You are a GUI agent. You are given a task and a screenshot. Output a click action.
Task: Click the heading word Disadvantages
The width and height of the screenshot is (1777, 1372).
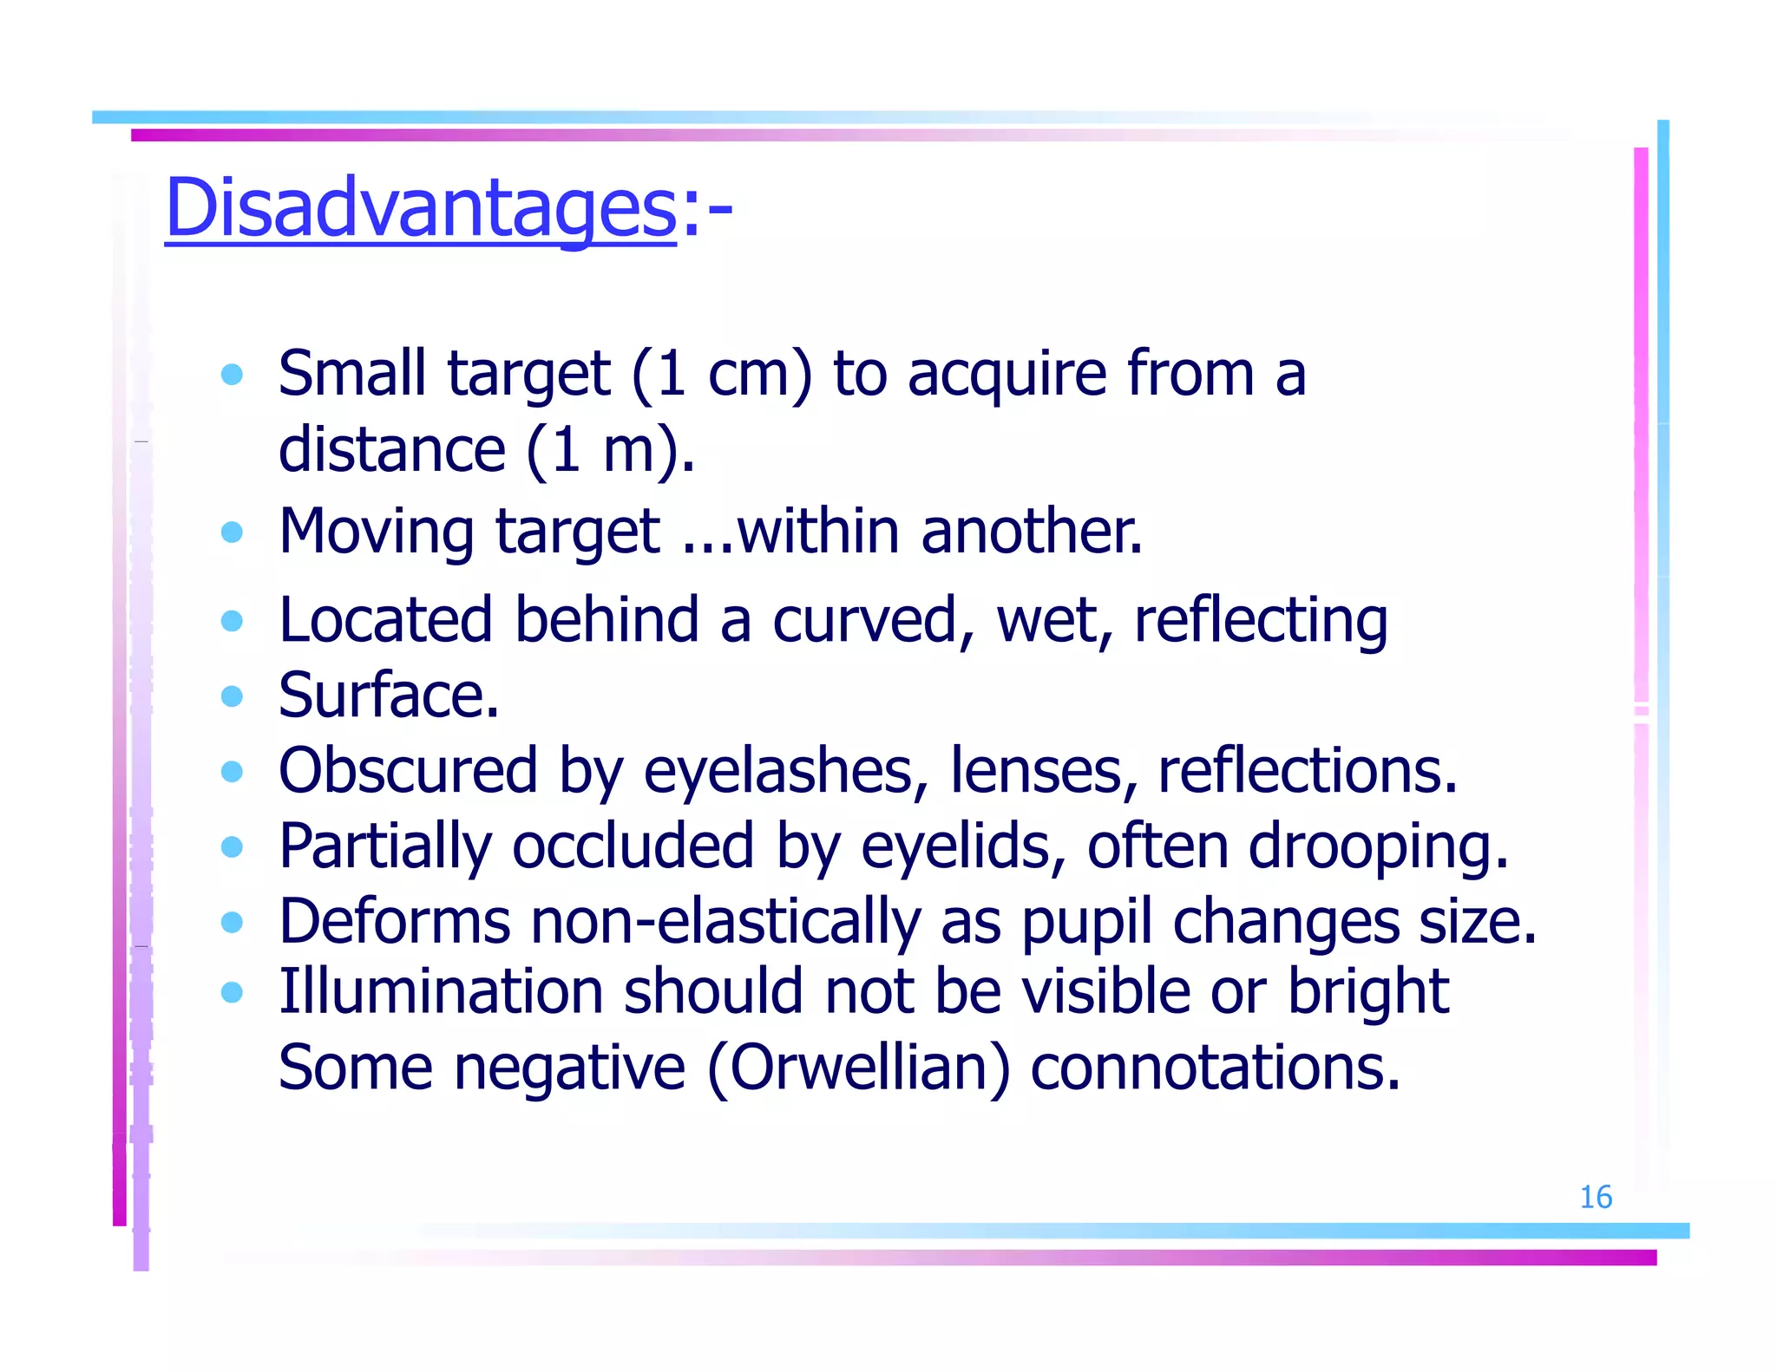pyautogui.click(x=421, y=208)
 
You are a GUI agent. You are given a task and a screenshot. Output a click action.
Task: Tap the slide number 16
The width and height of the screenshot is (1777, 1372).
pyautogui.click(x=1595, y=1198)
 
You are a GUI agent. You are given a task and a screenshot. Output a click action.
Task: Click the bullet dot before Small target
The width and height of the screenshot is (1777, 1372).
pyautogui.click(x=232, y=375)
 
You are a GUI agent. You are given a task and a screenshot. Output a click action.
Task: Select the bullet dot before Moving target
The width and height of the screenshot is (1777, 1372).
pyautogui.click(x=232, y=532)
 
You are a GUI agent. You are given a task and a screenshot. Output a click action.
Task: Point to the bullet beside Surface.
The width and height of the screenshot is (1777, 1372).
pyautogui.click(x=232, y=696)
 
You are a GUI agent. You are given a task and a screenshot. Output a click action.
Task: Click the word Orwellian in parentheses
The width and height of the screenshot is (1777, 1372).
pyautogui.click(x=859, y=1067)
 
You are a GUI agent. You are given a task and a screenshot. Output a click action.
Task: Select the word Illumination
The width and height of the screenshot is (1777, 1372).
pyautogui.click(x=441, y=991)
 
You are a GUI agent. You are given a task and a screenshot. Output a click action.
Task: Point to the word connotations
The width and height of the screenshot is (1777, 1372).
pyautogui.click(x=1215, y=1067)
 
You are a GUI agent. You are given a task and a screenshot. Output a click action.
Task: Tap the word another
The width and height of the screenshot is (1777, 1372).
pyautogui.click(x=1032, y=531)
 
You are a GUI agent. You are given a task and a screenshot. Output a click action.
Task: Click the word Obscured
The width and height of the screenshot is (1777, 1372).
pyautogui.click(x=408, y=770)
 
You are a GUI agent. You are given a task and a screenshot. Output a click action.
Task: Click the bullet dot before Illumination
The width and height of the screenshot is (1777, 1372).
pyautogui.click(x=232, y=992)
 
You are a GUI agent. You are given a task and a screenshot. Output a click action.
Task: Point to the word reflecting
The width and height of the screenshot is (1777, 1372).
pyautogui.click(x=1261, y=621)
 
